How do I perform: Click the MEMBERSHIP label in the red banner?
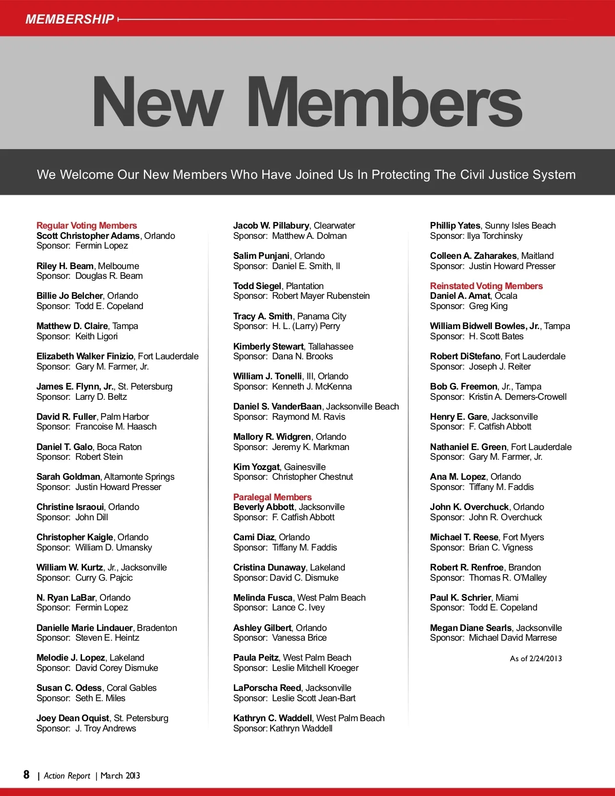click(x=70, y=19)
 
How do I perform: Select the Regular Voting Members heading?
click(x=87, y=226)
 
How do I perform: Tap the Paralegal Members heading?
click(x=272, y=497)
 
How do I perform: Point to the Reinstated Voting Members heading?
click(x=486, y=286)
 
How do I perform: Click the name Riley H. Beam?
click(x=65, y=266)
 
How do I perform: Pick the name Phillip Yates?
click(x=455, y=226)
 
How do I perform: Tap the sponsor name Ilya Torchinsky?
click(x=495, y=236)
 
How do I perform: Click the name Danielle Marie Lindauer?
click(x=85, y=628)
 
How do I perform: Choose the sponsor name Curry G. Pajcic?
click(x=104, y=578)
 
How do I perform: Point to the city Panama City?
click(x=322, y=316)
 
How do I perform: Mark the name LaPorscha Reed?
click(x=267, y=688)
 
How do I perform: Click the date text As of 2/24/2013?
click(x=536, y=659)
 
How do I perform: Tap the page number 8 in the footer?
click(x=27, y=774)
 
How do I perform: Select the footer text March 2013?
click(x=120, y=775)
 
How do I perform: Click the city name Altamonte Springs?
click(x=139, y=477)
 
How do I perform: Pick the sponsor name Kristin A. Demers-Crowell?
click(x=518, y=397)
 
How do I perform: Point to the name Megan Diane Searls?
click(x=471, y=628)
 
